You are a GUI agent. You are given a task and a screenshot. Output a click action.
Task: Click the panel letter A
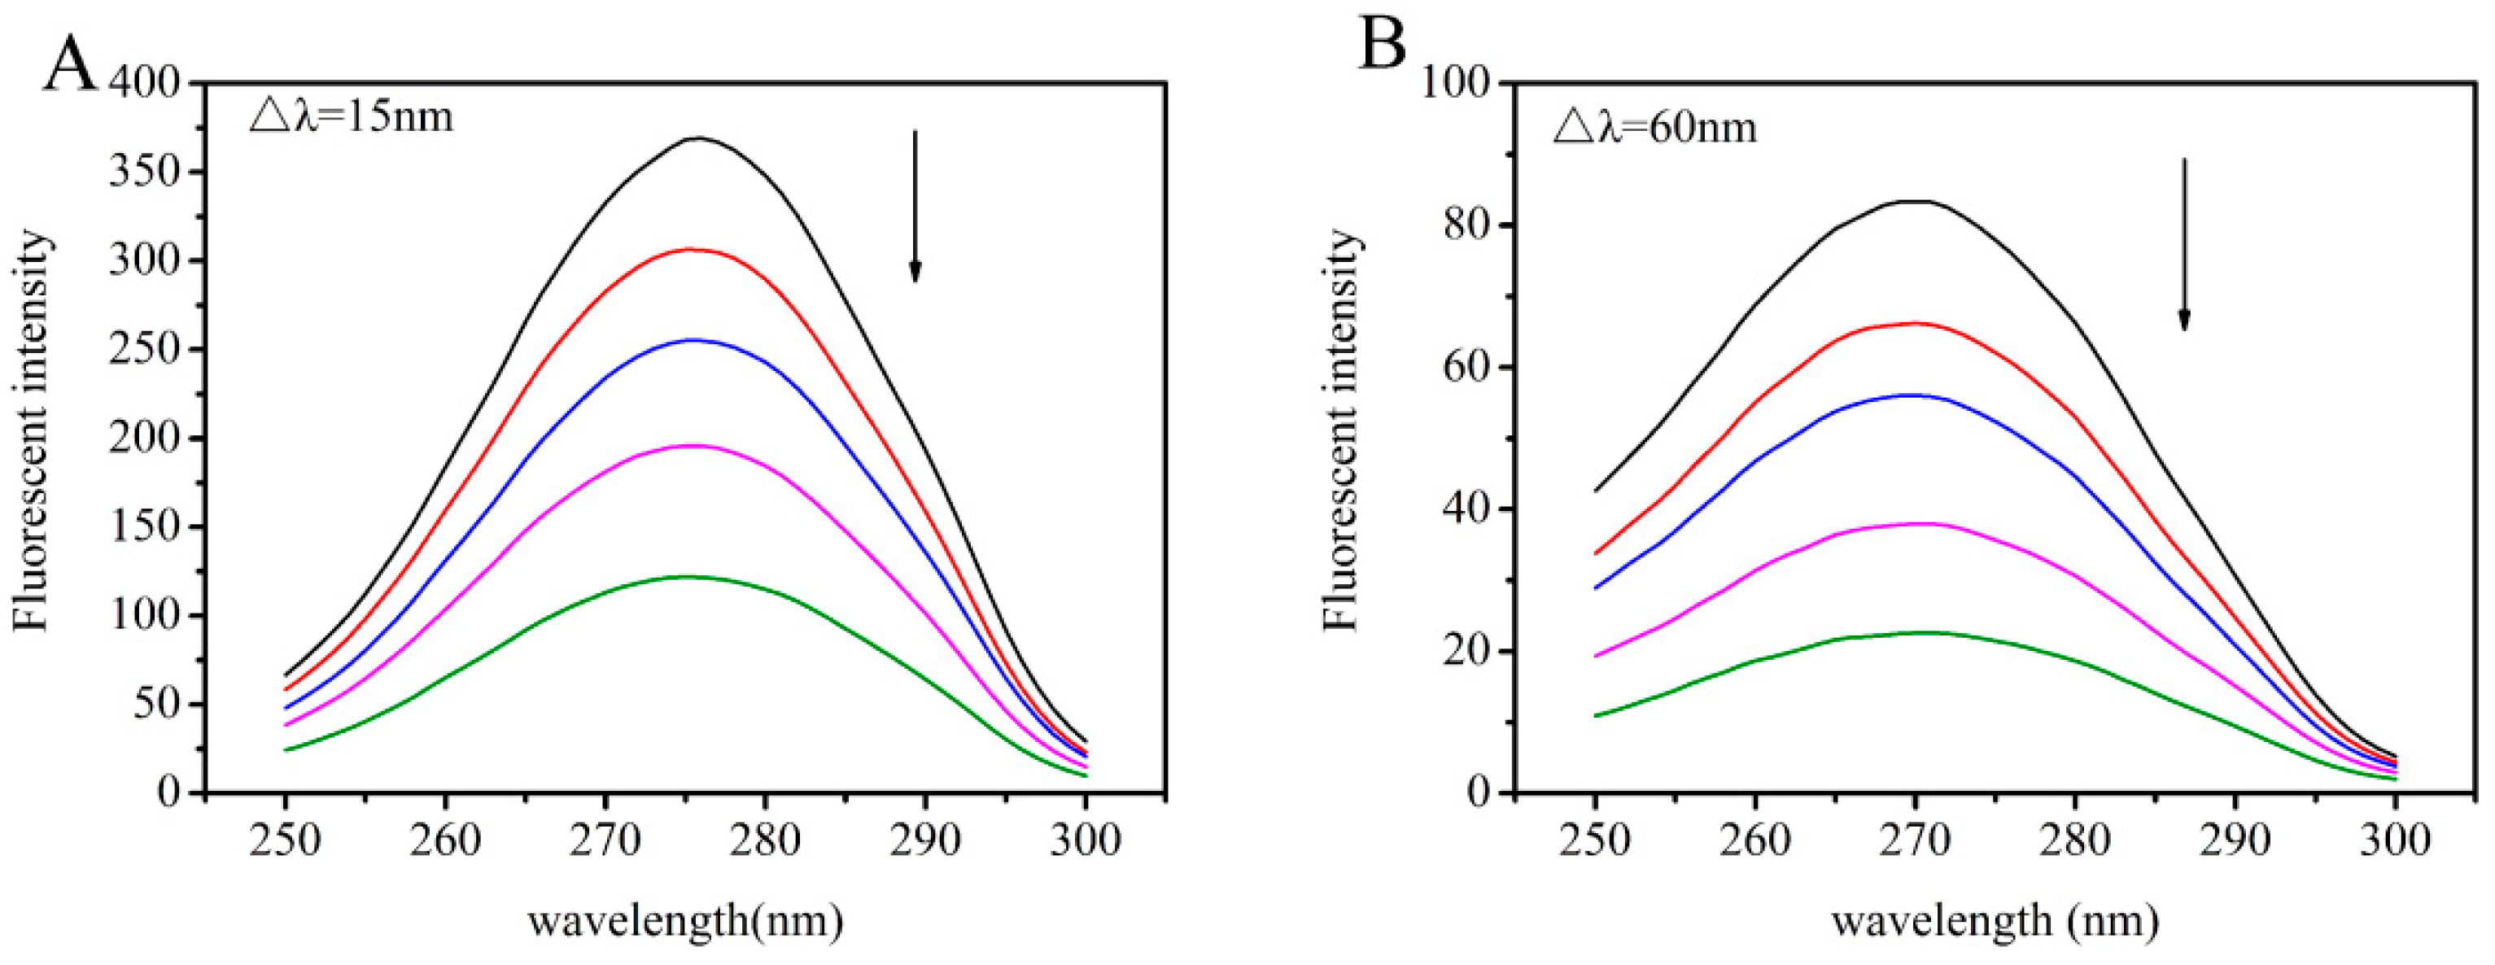[70, 66]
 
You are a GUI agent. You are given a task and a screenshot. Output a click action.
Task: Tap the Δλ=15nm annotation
[352, 117]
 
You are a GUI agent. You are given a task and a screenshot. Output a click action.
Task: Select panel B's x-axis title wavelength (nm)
[1995, 921]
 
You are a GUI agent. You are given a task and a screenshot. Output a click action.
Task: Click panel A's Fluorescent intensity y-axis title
[31, 431]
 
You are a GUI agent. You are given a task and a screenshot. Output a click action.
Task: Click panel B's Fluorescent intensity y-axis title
[1343, 431]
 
